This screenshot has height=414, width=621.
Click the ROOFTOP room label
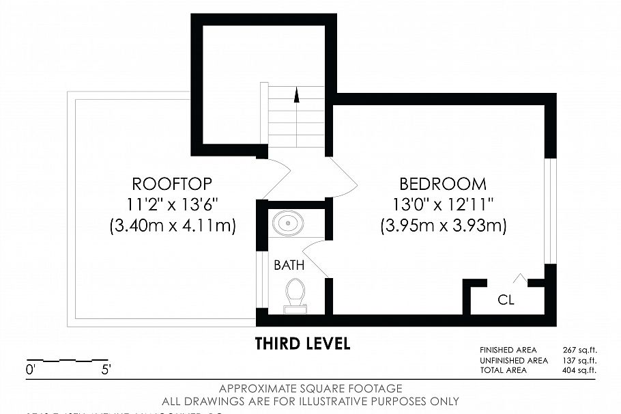click(x=172, y=184)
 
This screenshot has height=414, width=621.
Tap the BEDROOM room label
click(x=443, y=184)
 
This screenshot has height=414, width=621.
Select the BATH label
click(x=289, y=264)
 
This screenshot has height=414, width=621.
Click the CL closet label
click(x=506, y=299)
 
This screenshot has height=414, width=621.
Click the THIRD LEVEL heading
click(x=302, y=344)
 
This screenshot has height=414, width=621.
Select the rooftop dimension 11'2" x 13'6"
click(x=172, y=204)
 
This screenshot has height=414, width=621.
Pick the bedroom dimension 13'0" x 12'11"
click(x=443, y=204)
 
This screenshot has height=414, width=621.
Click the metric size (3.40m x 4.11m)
click(x=172, y=225)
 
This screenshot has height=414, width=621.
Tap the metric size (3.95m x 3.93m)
click(x=443, y=225)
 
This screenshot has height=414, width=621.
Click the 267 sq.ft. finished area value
click(x=579, y=350)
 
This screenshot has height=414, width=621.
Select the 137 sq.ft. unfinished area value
click(x=579, y=360)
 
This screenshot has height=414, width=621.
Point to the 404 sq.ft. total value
click(x=579, y=370)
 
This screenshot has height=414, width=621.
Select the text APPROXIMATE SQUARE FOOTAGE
click(x=310, y=389)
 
